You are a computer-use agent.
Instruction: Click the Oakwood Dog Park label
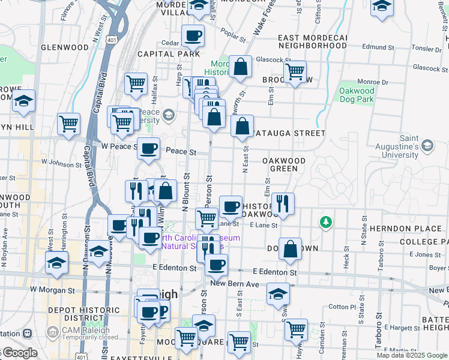click(357, 95)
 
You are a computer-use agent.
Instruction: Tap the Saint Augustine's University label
click(400, 146)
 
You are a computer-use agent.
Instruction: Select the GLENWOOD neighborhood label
click(64, 47)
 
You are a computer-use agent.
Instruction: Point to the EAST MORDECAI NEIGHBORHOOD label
click(313, 41)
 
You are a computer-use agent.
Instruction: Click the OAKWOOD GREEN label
click(284, 165)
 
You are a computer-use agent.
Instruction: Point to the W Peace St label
click(116, 146)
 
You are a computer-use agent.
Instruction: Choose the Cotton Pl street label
click(343, 307)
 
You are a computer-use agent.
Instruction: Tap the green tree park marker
click(326, 223)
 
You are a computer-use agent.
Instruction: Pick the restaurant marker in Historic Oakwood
click(282, 203)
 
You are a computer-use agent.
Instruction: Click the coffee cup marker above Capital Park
click(193, 36)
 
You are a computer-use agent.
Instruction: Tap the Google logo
click(21, 353)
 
